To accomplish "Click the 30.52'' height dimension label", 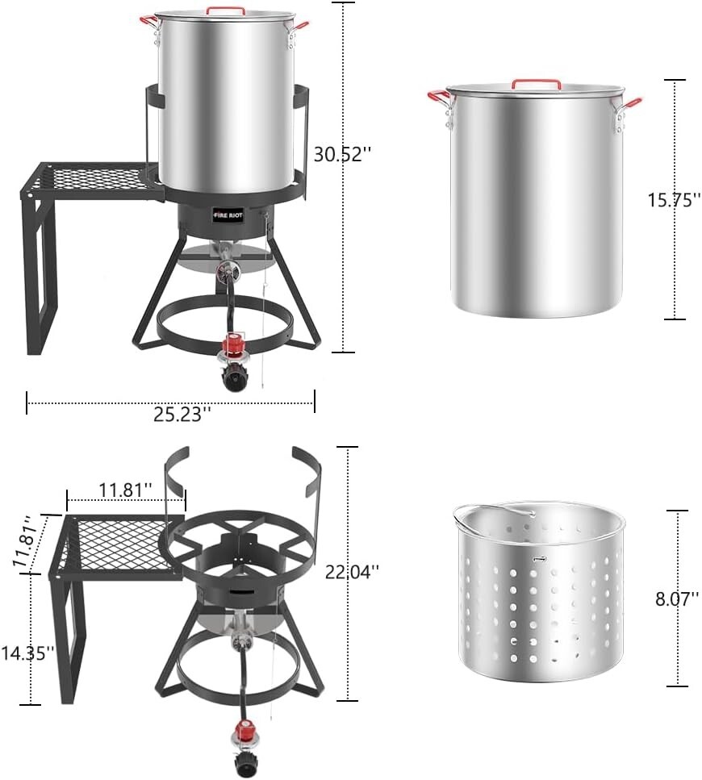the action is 342,155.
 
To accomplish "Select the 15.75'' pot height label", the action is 674,200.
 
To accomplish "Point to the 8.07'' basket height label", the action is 677,599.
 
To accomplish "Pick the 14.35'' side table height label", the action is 27,653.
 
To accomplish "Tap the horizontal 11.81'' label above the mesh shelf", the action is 125,490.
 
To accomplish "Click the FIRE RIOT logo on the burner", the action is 228,216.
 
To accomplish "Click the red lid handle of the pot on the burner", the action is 226,10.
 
